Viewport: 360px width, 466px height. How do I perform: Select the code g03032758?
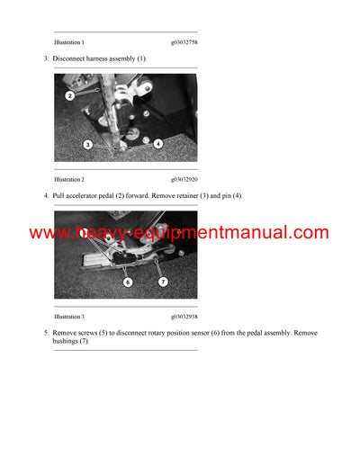185,42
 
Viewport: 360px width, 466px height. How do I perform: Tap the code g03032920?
185,179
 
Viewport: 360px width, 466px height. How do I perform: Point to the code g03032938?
185,317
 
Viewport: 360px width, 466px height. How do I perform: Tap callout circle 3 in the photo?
88,144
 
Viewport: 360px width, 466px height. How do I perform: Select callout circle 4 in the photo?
158,143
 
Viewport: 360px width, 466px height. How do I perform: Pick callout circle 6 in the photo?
128,282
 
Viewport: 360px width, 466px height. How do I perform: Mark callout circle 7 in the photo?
163,282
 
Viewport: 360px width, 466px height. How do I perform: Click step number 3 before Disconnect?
45,58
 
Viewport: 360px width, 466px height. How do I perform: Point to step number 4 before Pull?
45,195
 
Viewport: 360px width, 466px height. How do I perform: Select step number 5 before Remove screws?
45,333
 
